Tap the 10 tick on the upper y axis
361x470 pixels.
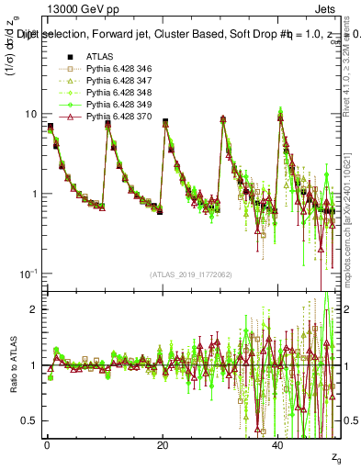pos(30,114)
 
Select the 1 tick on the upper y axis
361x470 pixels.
pos(33,194)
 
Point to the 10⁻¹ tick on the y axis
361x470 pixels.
pos(28,274)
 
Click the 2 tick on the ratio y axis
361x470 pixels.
pos(33,309)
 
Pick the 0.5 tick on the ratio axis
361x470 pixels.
pos(28,420)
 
